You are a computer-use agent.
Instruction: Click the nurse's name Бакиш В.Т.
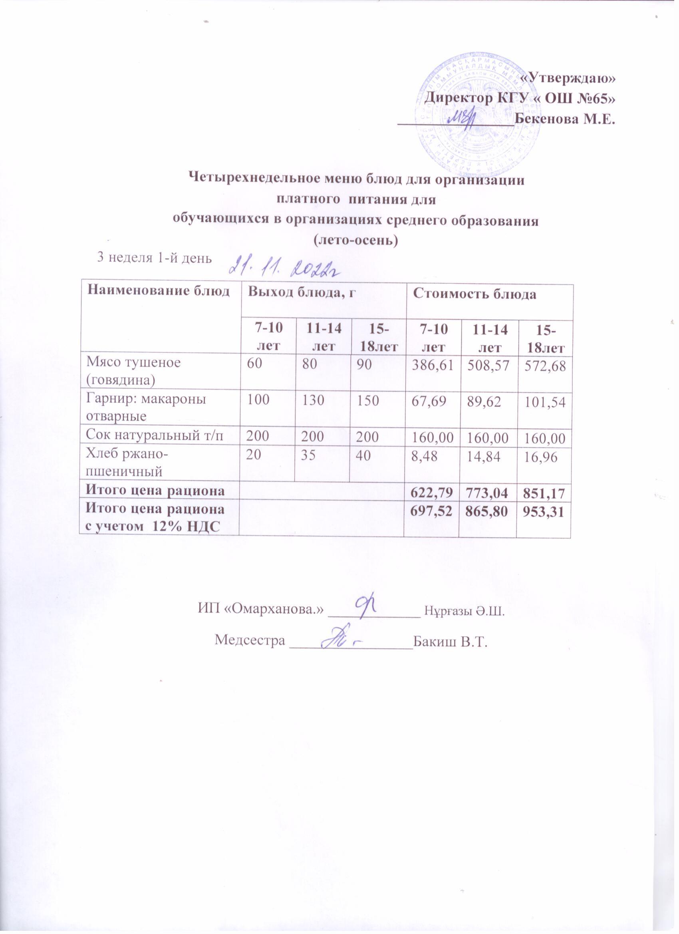coord(451,642)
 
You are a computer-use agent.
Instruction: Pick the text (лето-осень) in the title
coord(356,240)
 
